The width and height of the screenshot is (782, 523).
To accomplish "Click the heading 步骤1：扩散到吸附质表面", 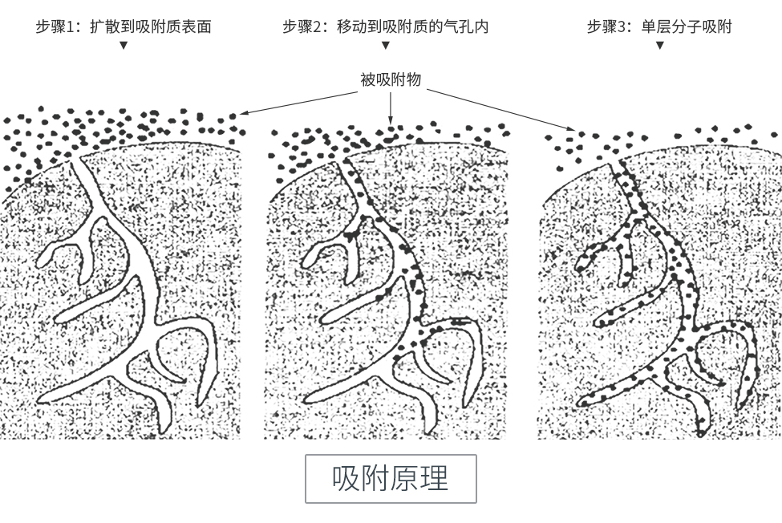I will (x=124, y=26).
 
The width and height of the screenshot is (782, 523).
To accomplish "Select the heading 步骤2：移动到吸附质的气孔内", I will (x=385, y=26).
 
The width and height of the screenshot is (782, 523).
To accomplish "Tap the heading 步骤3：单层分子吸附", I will (x=659, y=26).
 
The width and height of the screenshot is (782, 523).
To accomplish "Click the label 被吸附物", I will (x=391, y=79).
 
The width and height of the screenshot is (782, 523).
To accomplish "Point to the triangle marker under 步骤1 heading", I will (x=124, y=45).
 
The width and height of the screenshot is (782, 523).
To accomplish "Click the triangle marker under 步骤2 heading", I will (x=385, y=45).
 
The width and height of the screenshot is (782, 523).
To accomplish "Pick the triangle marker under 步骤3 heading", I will (x=659, y=45).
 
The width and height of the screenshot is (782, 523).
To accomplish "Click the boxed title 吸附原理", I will (x=391, y=479).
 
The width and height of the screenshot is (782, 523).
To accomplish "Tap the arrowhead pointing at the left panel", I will (x=242, y=114).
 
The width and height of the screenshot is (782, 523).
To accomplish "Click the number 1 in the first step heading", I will (x=77, y=26).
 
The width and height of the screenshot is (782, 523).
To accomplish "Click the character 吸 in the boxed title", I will (x=346, y=479).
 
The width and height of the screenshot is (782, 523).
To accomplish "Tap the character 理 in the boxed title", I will (x=435, y=479).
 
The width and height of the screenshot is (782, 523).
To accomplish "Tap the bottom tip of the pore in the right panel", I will (x=702, y=433).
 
